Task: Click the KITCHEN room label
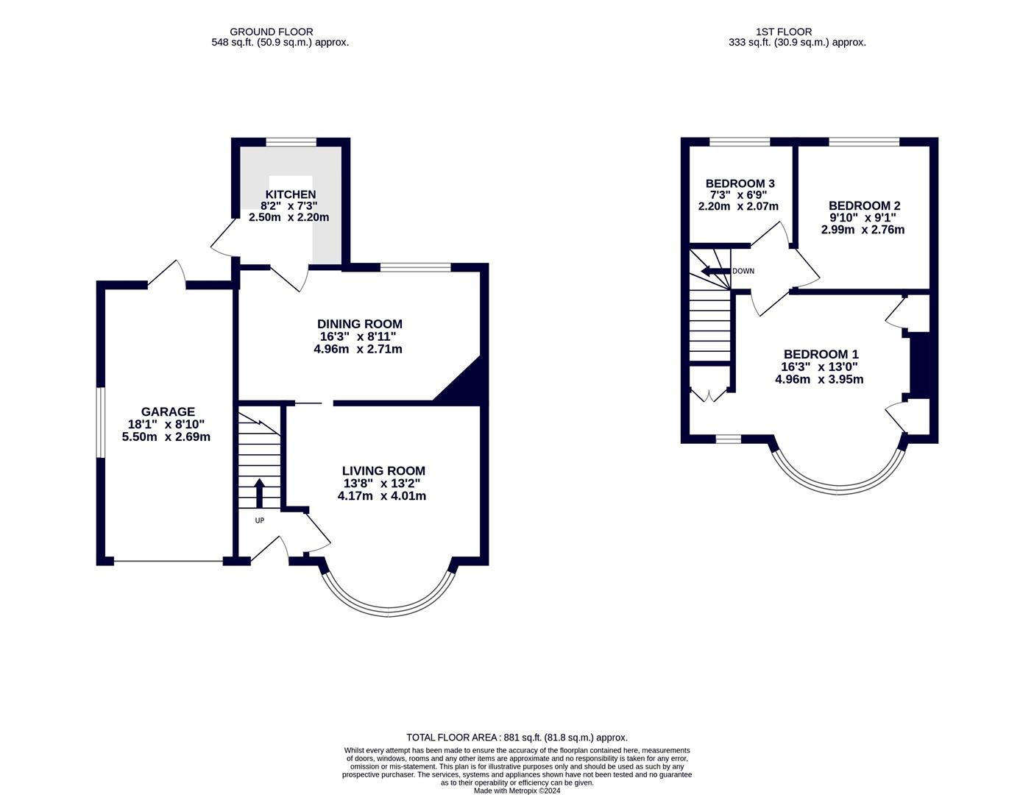[291, 194]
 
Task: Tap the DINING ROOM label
[359, 324]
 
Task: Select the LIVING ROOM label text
[383, 471]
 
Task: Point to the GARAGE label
[168, 412]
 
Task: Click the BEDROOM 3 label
[740, 183]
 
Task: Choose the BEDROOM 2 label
[864, 206]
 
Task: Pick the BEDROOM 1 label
[821, 354]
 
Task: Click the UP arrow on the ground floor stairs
[259, 492]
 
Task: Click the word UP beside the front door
[259, 520]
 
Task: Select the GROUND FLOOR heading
[271, 32]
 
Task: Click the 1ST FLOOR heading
[783, 32]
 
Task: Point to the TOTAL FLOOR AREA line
[517, 737]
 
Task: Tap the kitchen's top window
[291, 141]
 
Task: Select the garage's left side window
[100, 423]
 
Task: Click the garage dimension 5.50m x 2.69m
[166, 437]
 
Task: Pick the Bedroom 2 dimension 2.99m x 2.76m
[863, 230]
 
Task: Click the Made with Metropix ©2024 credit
[517, 791]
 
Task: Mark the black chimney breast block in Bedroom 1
[919, 365]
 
